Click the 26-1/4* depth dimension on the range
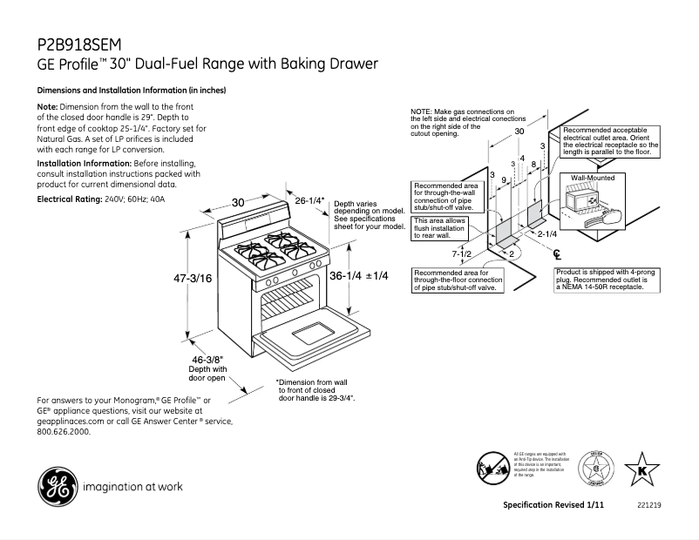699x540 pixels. pyautogui.click(x=309, y=200)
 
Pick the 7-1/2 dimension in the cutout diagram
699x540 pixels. pyautogui.click(x=461, y=253)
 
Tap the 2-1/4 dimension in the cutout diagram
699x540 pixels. pyautogui.click(x=546, y=233)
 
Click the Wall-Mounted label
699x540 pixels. pyautogui.click(x=593, y=178)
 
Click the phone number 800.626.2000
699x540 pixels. pyautogui.click(x=64, y=430)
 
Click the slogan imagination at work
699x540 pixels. pyautogui.click(x=132, y=486)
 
